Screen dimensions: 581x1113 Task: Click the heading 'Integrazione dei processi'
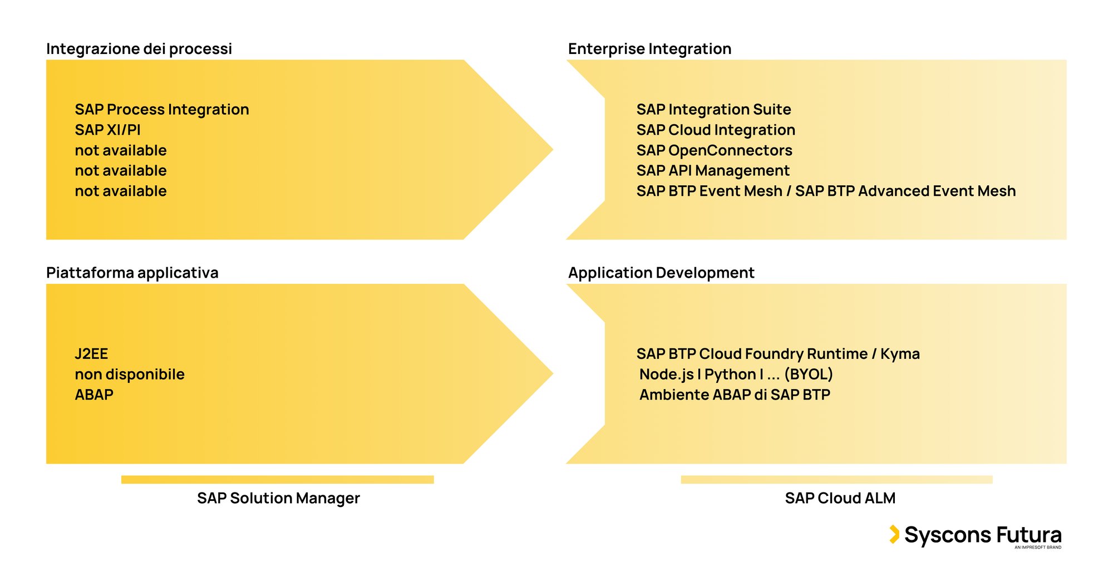click(139, 49)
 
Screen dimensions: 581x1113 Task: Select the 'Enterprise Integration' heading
click(649, 49)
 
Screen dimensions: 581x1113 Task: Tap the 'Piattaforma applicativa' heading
click(132, 273)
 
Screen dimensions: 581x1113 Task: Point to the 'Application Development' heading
click(661, 273)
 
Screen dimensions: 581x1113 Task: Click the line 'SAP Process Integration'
click(161, 110)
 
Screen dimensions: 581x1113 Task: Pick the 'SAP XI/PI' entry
click(107, 130)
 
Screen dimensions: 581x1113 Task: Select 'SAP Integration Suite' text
click(713, 110)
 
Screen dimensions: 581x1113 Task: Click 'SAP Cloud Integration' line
click(716, 130)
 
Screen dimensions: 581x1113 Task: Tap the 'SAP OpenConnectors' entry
click(714, 150)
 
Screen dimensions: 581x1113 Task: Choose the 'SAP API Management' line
click(712, 171)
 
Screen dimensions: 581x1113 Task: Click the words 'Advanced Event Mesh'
click(937, 191)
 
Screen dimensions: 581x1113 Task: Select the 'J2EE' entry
click(91, 354)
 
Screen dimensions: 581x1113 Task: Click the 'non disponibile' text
click(129, 375)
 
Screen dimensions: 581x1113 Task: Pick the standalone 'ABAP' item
click(93, 395)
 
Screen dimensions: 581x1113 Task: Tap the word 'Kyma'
click(900, 354)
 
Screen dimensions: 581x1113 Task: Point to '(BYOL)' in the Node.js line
click(808, 375)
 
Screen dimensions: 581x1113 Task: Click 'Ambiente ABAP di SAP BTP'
click(735, 395)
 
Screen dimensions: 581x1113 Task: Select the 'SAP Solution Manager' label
click(278, 498)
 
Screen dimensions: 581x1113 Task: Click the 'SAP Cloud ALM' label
click(840, 498)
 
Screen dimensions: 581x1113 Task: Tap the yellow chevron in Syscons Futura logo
click(894, 534)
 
